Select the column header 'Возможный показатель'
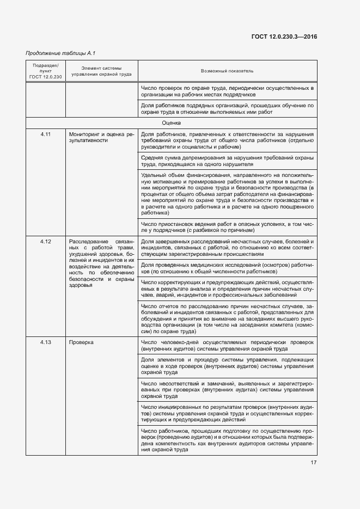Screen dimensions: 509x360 click(x=227, y=71)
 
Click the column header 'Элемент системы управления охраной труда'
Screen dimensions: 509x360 click(x=101, y=71)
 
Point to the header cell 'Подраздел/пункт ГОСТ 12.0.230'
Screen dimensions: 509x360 click(x=45, y=71)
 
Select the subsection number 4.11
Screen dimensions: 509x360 click(x=45, y=134)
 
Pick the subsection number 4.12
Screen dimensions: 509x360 click(x=45, y=241)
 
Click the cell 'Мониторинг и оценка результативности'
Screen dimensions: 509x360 click(x=101, y=137)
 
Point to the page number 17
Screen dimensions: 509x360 click(x=313, y=463)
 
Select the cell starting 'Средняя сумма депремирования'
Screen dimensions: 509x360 click(x=227, y=161)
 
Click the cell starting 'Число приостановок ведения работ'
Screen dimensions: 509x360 click(x=227, y=227)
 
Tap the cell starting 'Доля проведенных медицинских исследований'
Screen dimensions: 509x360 click(x=227, y=267)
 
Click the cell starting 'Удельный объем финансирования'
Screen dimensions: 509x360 click(x=227, y=194)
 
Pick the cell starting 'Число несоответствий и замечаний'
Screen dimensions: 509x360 click(x=227, y=390)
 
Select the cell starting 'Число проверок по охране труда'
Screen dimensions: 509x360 click(x=227, y=91)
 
